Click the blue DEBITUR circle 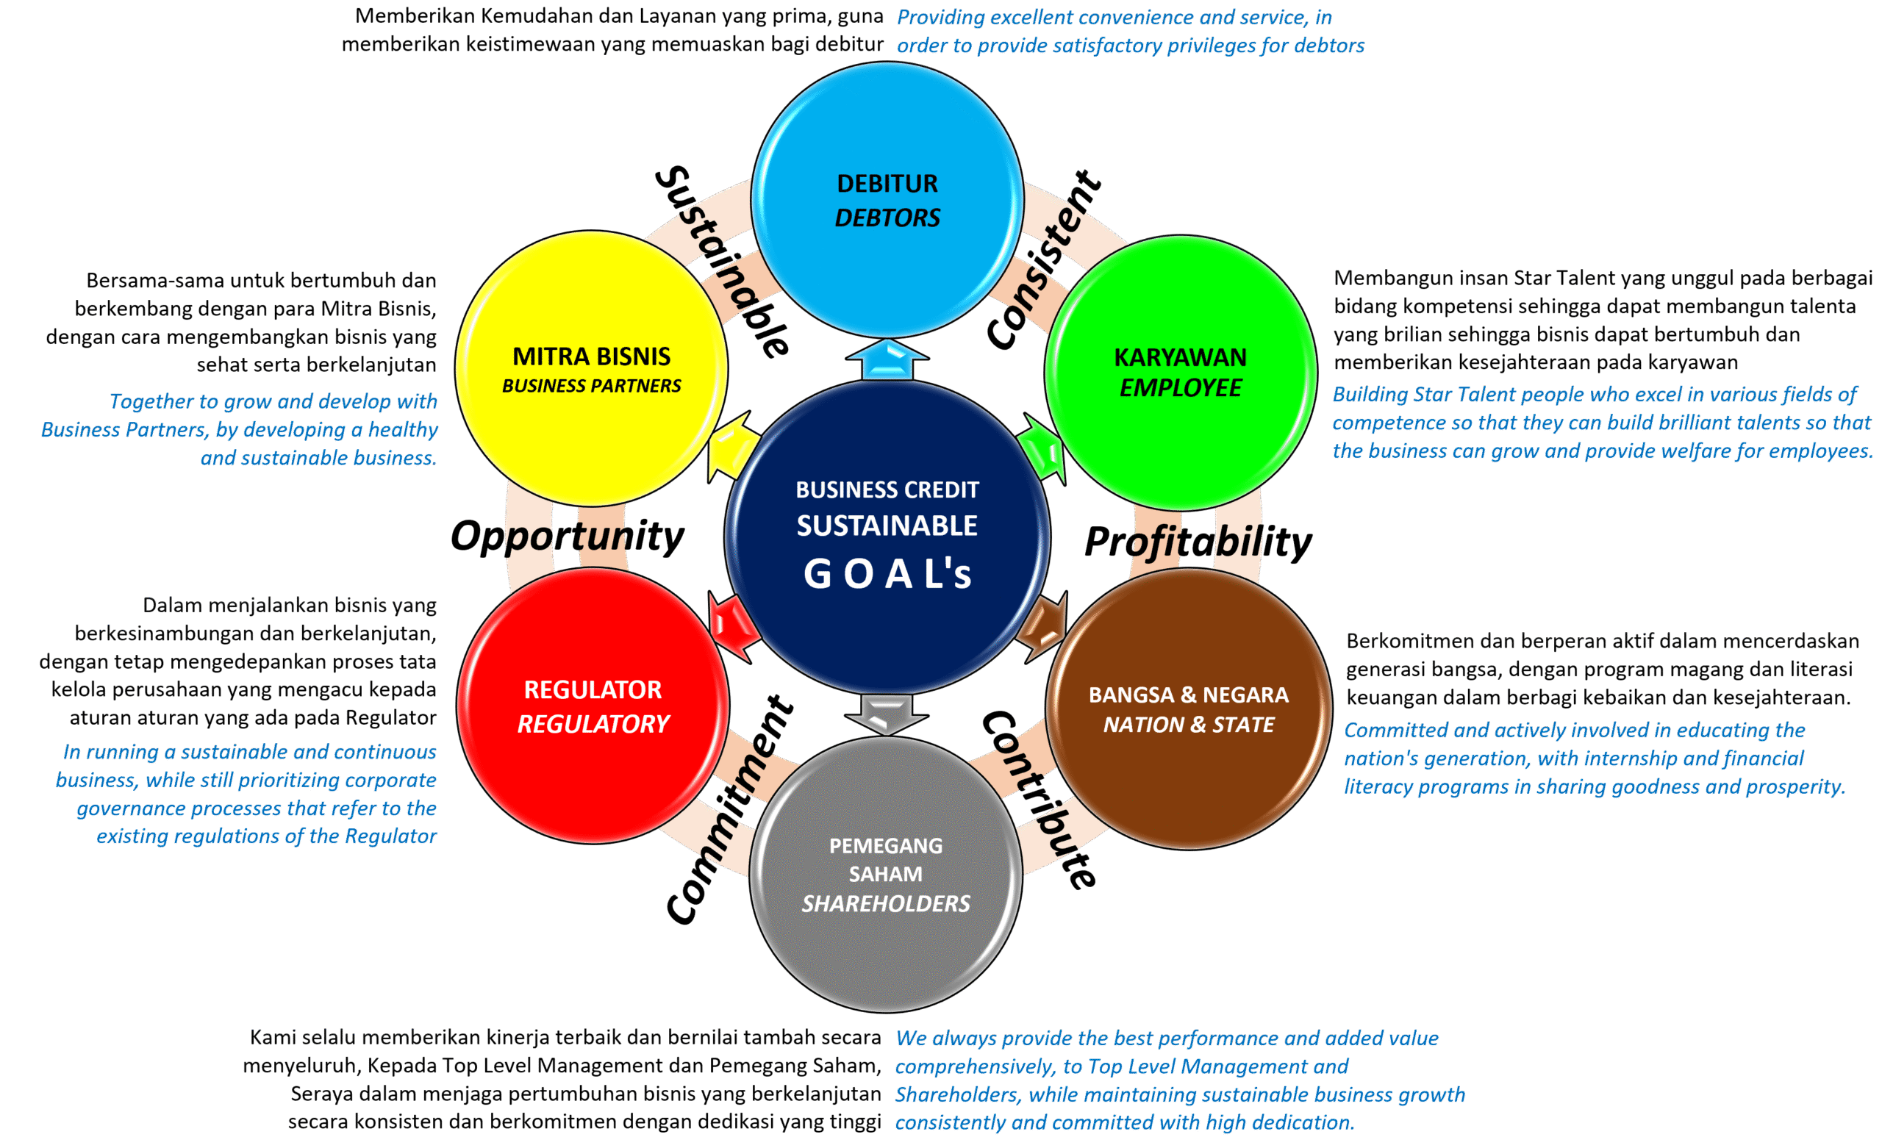(x=887, y=200)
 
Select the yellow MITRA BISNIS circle (x=591, y=369)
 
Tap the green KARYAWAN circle (x=1180, y=372)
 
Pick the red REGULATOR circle (x=593, y=706)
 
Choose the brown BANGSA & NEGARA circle (x=1188, y=709)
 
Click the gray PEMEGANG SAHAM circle (x=885, y=875)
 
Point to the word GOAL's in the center (x=887, y=573)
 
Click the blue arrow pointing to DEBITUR (x=887, y=360)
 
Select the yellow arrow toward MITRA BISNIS (x=731, y=451)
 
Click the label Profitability (x=1198, y=542)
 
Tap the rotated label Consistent (x=1044, y=260)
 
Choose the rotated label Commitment (x=729, y=811)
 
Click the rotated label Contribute (x=1039, y=800)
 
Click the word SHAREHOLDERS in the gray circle (x=885, y=904)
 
